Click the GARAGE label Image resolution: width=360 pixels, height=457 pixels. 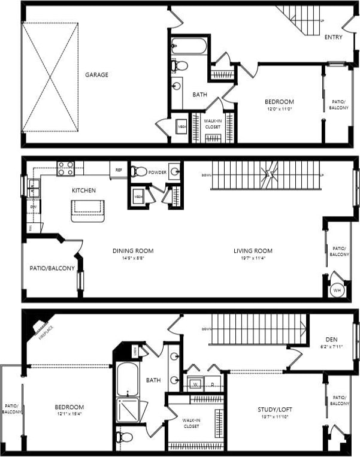click(96, 75)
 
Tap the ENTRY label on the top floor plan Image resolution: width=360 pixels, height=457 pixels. click(333, 37)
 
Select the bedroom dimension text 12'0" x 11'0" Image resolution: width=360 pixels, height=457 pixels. click(279, 110)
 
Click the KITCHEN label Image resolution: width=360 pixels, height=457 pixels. click(84, 190)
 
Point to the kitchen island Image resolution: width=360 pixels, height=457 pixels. click(87, 211)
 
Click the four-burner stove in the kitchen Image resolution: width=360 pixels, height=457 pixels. click(65, 168)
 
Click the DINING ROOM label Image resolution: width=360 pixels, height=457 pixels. click(133, 251)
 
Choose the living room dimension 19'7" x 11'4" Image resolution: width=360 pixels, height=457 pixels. click(253, 259)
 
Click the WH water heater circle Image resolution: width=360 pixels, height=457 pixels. click(337, 290)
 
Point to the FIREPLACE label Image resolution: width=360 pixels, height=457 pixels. click(45, 331)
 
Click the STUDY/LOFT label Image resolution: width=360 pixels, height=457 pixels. click(274, 410)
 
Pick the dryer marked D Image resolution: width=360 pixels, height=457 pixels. click(213, 384)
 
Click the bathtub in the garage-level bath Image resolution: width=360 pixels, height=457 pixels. click(189, 46)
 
